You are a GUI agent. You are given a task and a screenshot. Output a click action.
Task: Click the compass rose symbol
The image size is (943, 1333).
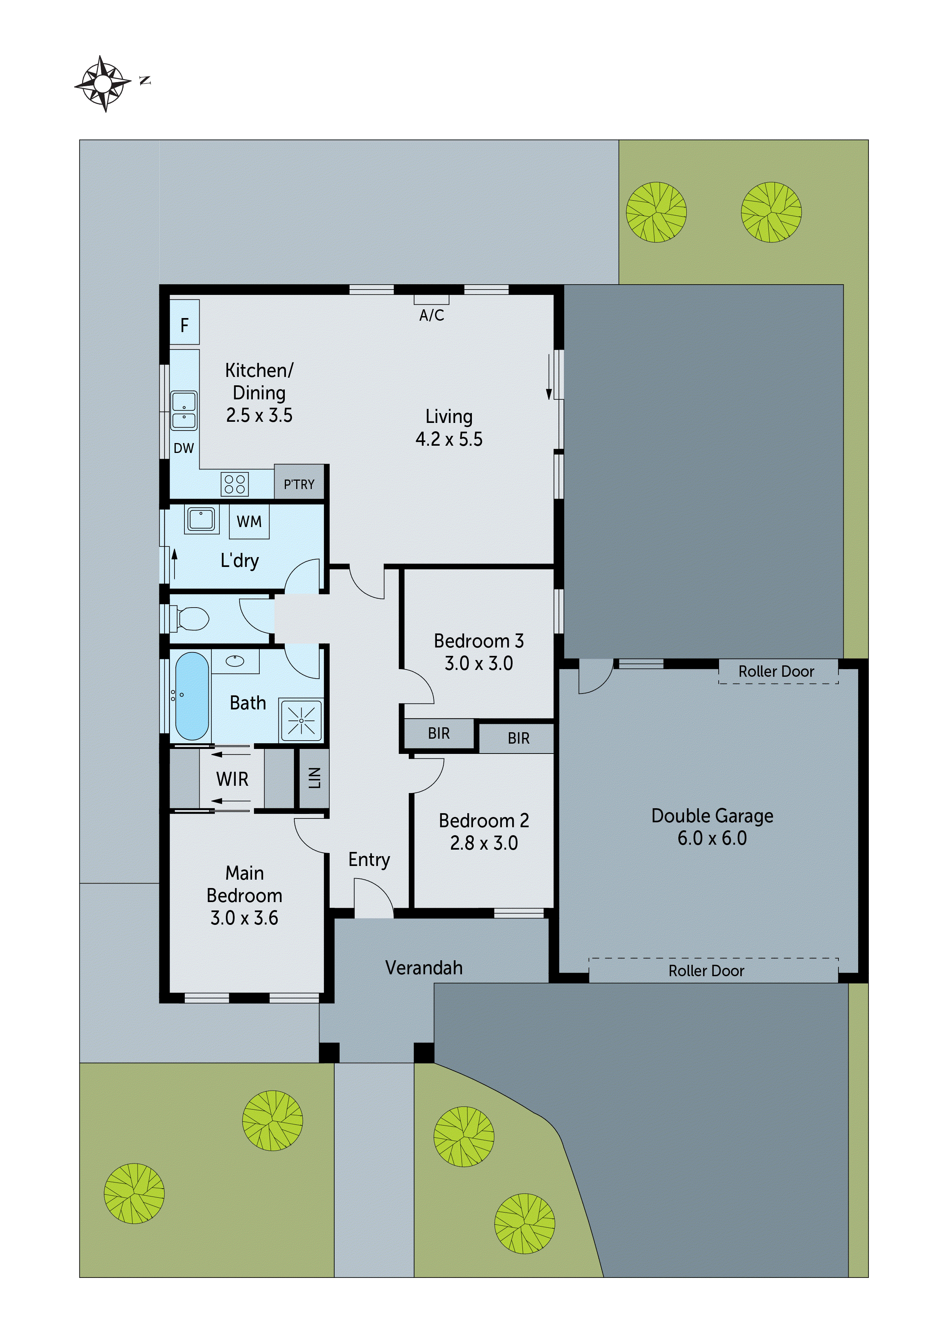(103, 84)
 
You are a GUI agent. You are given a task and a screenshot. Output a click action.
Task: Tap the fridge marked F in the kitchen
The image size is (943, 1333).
(184, 323)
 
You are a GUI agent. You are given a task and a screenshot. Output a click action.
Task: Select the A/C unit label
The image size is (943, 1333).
(431, 315)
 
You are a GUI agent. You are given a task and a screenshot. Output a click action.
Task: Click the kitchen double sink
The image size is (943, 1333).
(184, 410)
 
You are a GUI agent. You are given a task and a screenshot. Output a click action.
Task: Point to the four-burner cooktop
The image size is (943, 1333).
(235, 484)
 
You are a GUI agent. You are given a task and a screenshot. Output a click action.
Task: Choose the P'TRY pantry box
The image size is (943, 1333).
(298, 483)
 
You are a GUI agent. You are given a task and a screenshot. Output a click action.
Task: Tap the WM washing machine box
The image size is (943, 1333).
(249, 521)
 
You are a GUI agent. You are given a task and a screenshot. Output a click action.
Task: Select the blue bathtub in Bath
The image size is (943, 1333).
(192, 695)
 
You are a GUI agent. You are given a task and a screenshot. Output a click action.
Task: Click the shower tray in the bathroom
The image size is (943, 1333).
(301, 720)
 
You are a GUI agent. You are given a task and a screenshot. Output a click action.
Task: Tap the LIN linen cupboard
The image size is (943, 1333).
(314, 778)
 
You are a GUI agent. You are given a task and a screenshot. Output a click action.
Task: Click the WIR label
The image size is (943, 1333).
(232, 779)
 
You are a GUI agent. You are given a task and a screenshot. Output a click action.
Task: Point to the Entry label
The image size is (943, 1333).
(369, 859)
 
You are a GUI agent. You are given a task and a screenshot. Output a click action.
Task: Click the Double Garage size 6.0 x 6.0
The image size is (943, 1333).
(712, 838)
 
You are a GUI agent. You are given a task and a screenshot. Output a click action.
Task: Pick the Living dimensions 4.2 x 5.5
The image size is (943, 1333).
(449, 439)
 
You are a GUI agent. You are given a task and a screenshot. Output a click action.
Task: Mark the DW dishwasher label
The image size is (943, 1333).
(184, 448)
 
